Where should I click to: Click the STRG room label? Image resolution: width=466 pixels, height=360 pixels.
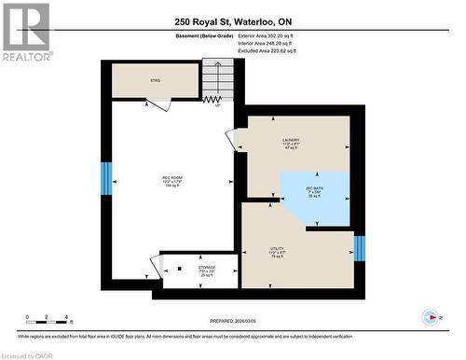point(156,81)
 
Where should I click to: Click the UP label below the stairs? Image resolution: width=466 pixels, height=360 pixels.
point(217,104)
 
